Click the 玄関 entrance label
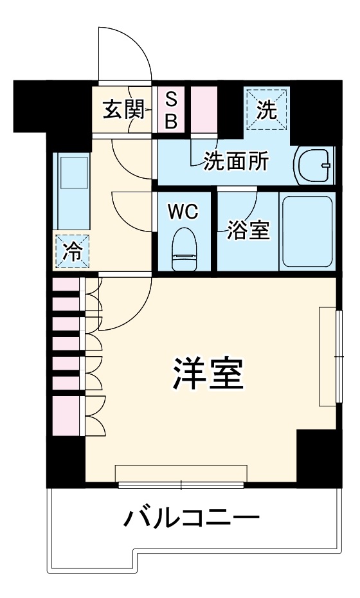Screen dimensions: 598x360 pyautogui.click(x=122, y=110)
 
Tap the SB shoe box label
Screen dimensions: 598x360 pyautogui.click(x=171, y=110)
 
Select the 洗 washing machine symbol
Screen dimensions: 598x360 pyautogui.click(x=267, y=110)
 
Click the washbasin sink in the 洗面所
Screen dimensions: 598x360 pyautogui.click(x=315, y=165)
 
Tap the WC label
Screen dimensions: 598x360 pyautogui.click(x=183, y=213)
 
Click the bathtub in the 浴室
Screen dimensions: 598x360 pyautogui.click(x=307, y=232)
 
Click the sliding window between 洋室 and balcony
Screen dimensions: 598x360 pyautogui.click(x=181, y=484)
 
